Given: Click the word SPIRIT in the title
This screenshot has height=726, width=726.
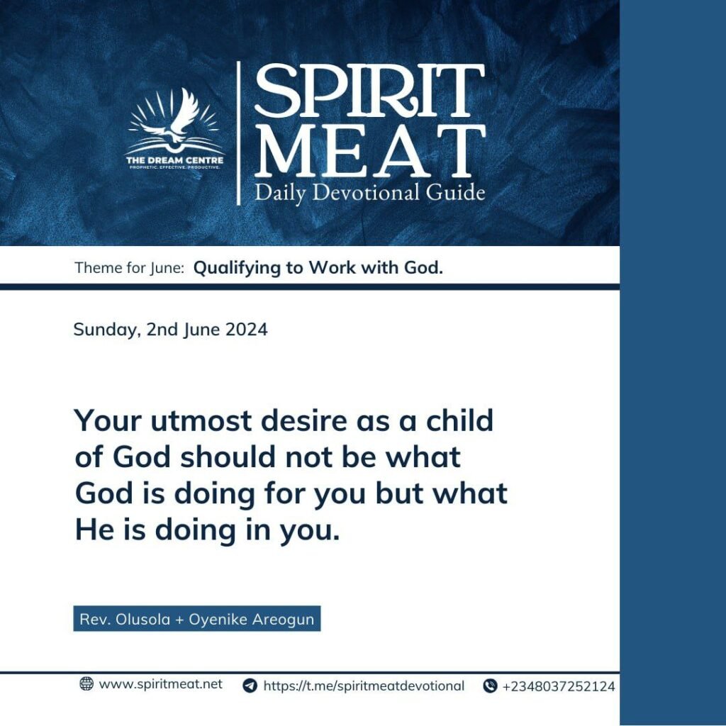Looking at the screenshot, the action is (369, 90).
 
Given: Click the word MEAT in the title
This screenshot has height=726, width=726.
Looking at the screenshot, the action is (369, 150).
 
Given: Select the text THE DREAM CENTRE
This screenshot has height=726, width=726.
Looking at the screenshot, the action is (174, 160).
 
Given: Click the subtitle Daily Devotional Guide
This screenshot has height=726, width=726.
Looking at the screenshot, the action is (369, 193).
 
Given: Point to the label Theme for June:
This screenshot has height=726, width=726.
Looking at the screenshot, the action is (130, 267).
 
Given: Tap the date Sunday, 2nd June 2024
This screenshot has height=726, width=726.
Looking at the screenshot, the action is (170, 330).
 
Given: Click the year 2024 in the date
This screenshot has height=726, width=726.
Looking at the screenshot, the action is (246, 329).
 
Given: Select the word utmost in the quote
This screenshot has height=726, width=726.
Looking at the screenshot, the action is (201, 421).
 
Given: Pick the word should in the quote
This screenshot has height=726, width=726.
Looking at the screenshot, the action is (228, 457).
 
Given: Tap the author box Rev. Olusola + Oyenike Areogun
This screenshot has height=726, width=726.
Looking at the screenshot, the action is (197, 618).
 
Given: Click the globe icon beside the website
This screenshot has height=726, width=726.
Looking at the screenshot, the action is (86, 683).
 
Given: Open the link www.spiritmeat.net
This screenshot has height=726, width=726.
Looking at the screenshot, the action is (161, 684).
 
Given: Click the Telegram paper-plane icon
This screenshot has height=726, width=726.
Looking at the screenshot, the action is (250, 686).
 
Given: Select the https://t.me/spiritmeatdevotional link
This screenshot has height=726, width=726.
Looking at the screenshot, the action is (364, 686).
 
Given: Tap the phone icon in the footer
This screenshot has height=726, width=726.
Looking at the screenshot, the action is (490, 686).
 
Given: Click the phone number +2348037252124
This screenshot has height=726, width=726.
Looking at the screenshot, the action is (559, 686).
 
